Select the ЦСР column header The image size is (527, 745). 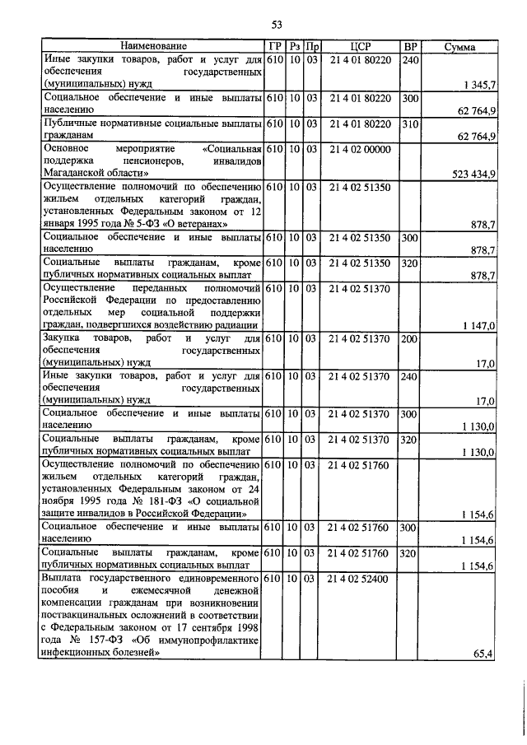359,47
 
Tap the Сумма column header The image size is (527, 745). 459,48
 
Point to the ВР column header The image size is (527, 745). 410,47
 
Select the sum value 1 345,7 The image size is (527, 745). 478,84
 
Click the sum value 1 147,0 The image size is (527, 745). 478,326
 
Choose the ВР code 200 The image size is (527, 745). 409,338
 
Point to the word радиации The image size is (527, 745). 235,326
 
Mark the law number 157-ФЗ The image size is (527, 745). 102,640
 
